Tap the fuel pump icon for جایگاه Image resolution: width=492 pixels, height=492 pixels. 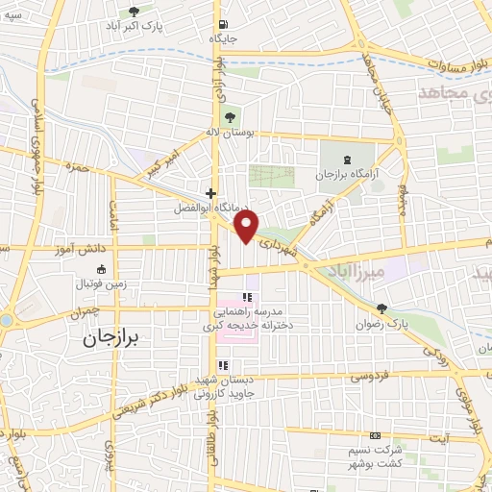pos(223,26)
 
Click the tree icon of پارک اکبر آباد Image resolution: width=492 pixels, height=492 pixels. pos(134,11)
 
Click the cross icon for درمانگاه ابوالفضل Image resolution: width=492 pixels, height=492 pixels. pos(210,193)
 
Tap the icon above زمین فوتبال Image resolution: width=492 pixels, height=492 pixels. pos(103,269)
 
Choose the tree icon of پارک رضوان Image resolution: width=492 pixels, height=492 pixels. pos(382,308)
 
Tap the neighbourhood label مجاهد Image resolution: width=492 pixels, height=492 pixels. pos(455,92)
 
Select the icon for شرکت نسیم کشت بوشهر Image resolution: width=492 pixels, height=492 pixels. pos(375,436)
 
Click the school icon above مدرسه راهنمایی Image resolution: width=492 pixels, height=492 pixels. pos(247,298)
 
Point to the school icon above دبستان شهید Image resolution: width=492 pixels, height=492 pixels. pos(224,365)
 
